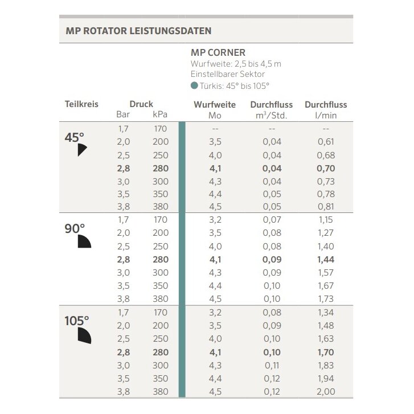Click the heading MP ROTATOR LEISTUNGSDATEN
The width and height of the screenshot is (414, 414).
135,30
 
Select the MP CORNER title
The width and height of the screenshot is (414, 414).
218,53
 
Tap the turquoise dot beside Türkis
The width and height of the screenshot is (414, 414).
195,86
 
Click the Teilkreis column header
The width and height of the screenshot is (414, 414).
81,104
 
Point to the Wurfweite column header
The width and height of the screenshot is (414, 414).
215,105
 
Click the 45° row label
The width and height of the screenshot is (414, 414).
74,137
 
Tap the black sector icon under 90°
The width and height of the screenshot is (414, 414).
84,241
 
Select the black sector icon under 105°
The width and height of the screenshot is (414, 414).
84,335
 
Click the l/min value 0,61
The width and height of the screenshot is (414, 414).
325,142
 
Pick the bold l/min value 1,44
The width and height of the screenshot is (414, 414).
325,259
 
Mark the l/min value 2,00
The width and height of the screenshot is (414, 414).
325,391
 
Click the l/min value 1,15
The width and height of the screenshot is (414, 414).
325,219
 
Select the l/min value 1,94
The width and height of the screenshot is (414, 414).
325,378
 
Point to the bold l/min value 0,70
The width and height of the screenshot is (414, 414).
325,168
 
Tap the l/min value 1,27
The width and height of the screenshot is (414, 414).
325,232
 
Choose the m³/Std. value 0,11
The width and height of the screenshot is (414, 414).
272,365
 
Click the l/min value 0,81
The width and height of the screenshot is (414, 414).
325,207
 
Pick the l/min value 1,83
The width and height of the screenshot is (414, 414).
325,365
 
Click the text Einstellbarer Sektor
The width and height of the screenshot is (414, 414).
227,74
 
